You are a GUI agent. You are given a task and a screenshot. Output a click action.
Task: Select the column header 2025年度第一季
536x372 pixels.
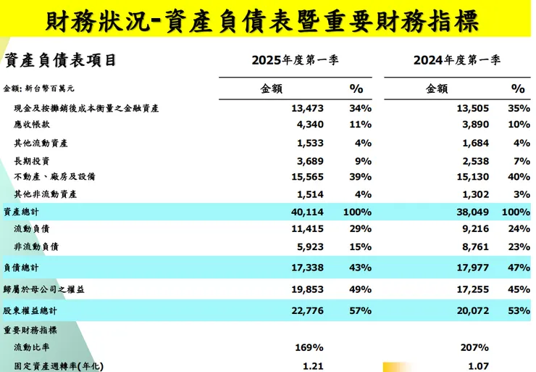coord(295,60)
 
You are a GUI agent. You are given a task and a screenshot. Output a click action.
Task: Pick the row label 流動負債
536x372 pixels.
coord(32,229)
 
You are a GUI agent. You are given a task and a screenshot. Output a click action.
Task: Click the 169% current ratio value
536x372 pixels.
coord(308,347)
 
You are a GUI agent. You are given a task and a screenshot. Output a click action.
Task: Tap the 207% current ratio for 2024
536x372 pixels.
coord(474,347)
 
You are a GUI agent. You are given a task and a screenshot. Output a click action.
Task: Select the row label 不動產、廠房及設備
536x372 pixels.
coord(55,176)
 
